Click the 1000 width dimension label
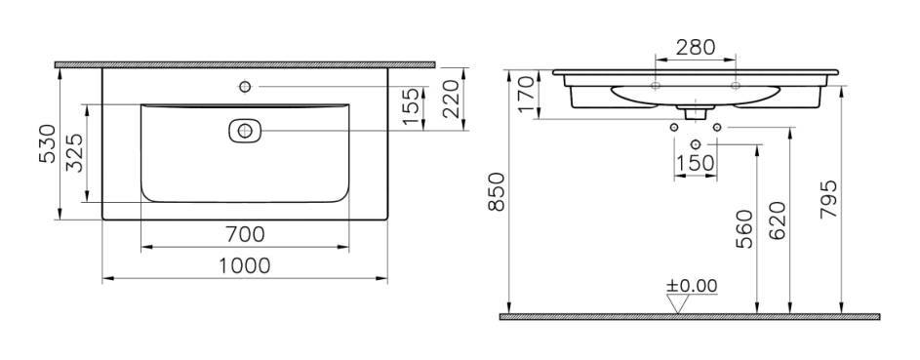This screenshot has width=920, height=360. (x=245, y=266)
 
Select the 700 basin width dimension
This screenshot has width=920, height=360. (x=245, y=234)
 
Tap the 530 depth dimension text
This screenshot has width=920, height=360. (x=48, y=143)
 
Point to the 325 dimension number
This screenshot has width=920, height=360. (x=74, y=153)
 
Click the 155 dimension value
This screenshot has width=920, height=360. (x=412, y=106)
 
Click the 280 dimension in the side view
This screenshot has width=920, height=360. (x=696, y=47)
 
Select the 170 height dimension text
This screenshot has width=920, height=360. (x=526, y=95)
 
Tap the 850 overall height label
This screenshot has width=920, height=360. (x=497, y=192)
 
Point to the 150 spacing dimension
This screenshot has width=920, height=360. (x=696, y=163)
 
